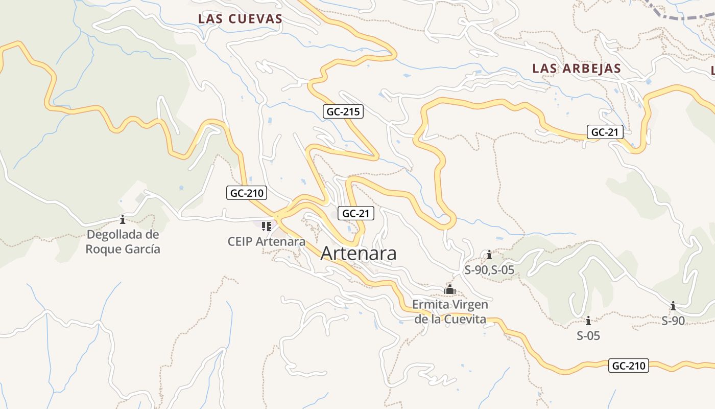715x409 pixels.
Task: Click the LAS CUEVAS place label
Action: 240,19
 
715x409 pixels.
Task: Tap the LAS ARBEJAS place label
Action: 577,69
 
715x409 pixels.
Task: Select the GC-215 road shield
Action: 343,111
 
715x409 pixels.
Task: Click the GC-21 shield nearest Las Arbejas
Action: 605,132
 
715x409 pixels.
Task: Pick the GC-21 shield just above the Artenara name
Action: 355,214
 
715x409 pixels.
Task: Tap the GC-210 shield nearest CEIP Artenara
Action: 247,193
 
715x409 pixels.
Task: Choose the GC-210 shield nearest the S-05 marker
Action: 629,366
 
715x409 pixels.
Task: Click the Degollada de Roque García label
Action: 123,242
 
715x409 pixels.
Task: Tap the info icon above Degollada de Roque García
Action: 122,219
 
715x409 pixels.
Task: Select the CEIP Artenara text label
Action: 267,241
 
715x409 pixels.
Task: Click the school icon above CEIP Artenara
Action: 266,225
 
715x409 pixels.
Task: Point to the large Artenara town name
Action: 359,254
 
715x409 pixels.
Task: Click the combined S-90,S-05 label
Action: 489,270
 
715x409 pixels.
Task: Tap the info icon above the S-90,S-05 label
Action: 489,254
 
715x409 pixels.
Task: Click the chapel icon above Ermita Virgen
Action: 449,290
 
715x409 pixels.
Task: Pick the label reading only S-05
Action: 588,336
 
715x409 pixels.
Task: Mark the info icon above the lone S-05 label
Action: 588,321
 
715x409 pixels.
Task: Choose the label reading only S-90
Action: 673,321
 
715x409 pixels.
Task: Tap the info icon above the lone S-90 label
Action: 673,306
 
